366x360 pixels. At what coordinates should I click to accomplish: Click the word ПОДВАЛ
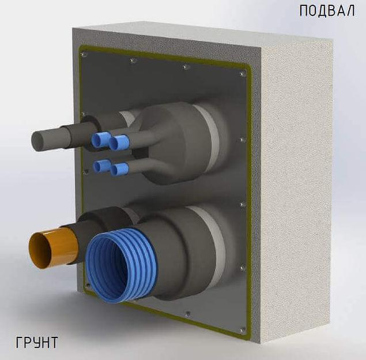pos(327,11)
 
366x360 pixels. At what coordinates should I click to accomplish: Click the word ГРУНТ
pos(37,343)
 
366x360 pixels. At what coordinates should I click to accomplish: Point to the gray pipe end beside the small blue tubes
pos(39,141)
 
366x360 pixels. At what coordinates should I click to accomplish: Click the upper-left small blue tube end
pos(97,141)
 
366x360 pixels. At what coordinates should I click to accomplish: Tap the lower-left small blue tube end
pos(98,166)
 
